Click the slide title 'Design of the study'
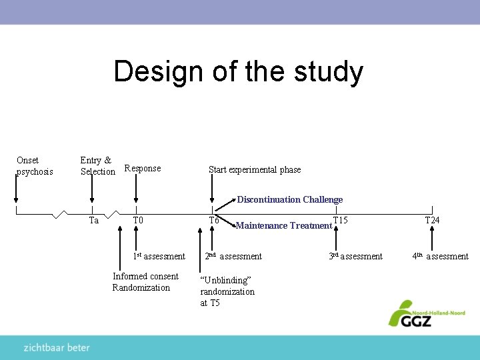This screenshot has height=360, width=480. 238,71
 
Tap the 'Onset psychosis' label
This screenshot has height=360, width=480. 34,166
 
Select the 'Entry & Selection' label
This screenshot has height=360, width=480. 97,166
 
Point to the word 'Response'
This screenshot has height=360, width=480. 143,169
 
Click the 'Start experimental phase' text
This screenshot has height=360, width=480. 255,170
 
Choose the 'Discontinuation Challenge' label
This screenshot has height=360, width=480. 290,199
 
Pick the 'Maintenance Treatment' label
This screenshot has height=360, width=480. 284,226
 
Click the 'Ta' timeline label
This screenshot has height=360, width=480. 94,221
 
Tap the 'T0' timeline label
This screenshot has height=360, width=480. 138,220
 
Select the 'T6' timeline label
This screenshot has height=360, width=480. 214,221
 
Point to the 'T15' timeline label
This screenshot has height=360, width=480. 341,220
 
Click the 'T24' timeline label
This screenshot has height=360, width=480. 432,220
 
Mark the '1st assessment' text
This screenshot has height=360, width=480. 159,256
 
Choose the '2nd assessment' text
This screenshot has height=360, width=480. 233,256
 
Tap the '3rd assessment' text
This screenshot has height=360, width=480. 356,256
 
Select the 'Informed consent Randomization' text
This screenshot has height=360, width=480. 145,282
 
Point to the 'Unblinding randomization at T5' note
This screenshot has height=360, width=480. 227,291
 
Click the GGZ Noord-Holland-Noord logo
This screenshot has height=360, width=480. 426,313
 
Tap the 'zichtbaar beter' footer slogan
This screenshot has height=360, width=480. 57,347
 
